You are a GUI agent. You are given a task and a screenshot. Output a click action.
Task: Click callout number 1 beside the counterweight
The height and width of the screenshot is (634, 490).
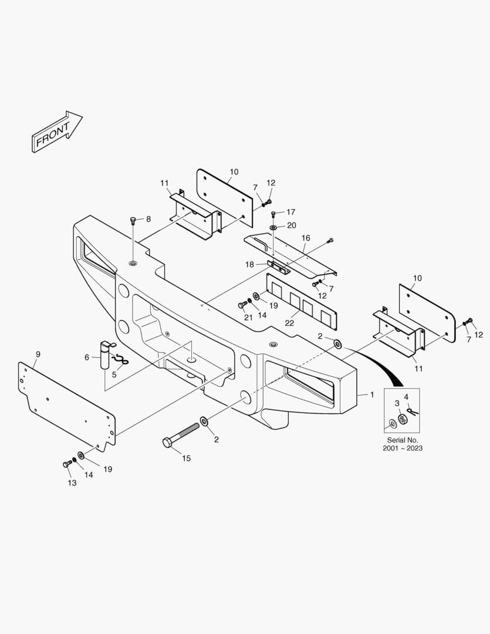pos(371,394)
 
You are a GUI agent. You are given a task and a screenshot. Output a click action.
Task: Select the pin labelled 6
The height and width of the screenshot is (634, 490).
pos(106,355)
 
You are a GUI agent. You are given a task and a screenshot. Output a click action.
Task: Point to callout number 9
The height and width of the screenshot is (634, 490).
pos(38,354)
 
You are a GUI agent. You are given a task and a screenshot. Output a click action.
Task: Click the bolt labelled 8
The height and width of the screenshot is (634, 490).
pos(133,221)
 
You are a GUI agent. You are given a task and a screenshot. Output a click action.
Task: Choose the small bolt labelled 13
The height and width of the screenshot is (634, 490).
pos(67,464)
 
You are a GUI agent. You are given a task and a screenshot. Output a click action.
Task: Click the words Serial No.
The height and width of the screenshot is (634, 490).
pos(402,440)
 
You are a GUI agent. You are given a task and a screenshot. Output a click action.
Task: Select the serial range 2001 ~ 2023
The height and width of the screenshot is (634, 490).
pos(402,448)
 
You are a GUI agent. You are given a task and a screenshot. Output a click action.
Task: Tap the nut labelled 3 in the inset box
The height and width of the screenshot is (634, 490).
pos(403,419)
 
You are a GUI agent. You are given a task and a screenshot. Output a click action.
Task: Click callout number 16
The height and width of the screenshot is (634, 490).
pos(306,238)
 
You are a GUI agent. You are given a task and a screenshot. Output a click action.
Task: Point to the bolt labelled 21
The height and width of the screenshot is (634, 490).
pos(242,305)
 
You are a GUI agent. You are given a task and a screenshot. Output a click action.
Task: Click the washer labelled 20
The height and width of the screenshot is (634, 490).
pos(274,227)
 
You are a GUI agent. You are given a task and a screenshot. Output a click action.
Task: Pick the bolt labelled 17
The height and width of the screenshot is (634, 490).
pos(273,213)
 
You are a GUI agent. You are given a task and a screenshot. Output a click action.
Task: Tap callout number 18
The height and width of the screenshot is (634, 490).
pos(250,265)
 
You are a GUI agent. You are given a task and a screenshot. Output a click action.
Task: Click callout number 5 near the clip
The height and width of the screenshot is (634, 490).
pos(114,374)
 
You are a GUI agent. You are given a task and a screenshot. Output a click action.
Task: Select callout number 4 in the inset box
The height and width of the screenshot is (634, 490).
pos(406,397)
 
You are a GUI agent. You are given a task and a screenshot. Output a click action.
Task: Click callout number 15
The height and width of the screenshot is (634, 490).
pos(186,458)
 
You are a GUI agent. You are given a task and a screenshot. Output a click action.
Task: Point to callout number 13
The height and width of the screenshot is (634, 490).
pos(72,483)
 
